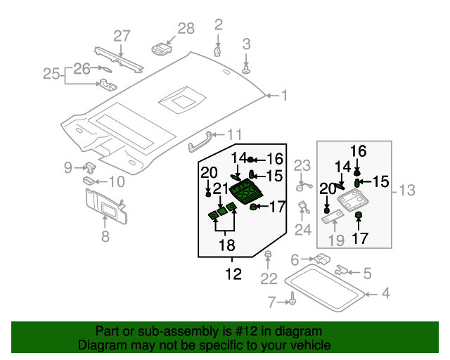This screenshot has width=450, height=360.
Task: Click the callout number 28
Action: coord(186,29)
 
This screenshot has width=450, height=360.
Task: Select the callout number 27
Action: coord(122,36)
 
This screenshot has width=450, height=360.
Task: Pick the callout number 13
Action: coord(408,190)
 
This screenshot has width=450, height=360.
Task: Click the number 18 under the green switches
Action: coord(225,245)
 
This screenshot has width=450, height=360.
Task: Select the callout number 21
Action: coord(221,188)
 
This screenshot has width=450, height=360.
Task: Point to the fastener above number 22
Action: coord(269,255)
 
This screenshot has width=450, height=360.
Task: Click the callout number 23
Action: coord(302,166)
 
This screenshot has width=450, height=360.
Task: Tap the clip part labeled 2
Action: coord(217,51)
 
